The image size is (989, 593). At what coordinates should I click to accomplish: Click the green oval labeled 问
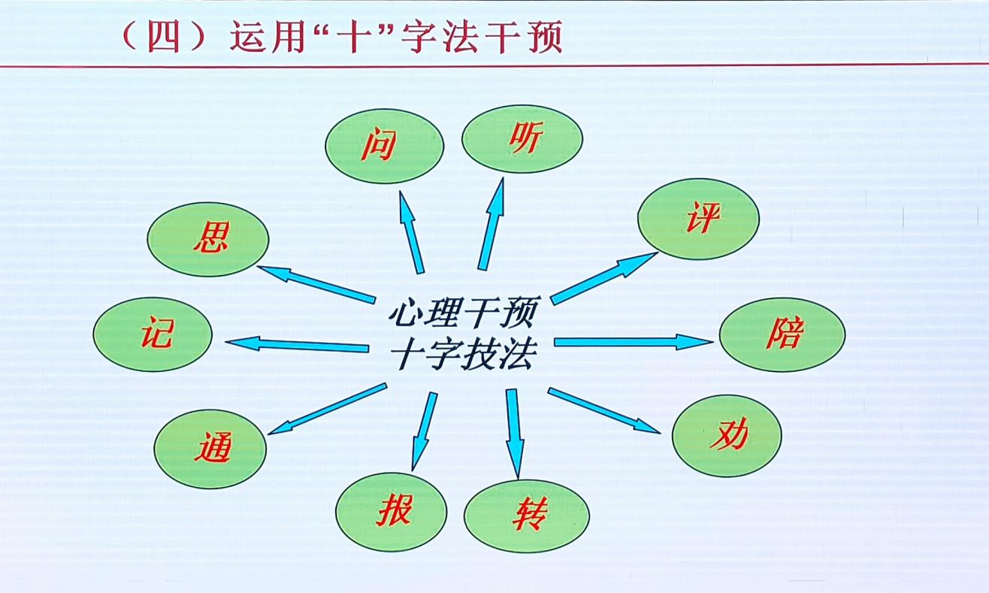click(x=384, y=146)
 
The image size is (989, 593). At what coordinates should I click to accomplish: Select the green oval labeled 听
click(x=522, y=139)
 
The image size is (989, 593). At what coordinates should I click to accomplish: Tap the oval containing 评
click(x=698, y=218)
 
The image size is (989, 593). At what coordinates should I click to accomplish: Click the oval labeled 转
click(x=526, y=516)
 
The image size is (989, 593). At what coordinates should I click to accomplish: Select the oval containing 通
click(x=210, y=449)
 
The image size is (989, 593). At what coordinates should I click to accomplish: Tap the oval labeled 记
click(x=153, y=334)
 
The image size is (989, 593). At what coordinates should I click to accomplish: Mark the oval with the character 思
click(x=207, y=239)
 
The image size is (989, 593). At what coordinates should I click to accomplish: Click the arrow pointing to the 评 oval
click(x=603, y=278)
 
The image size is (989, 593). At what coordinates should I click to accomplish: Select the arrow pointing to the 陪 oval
click(x=633, y=342)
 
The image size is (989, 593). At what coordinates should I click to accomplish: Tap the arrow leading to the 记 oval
click(x=298, y=345)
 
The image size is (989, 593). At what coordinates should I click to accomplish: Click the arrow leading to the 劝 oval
click(x=603, y=410)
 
